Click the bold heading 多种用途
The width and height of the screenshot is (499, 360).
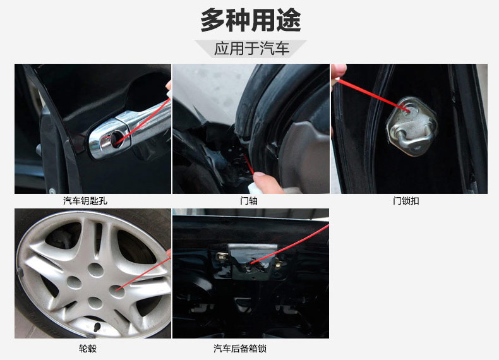(251, 20)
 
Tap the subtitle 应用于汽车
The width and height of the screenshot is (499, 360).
(251, 49)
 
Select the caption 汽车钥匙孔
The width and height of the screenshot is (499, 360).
(85, 201)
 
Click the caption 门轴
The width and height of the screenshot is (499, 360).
(248, 201)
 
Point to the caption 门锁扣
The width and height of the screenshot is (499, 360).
(406, 201)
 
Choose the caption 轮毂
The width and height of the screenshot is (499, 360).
(88, 349)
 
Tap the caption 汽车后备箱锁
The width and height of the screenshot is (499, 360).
(239, 349)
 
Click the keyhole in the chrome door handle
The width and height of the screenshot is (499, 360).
(116, 139)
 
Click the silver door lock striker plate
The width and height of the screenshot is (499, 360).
(412, 126)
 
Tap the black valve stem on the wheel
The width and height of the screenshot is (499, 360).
(97, 327)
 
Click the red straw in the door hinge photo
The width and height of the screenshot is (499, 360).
(248, 164)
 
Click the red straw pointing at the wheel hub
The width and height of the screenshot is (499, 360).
(143, 273)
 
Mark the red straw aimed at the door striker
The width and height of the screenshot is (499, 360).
(374, 95)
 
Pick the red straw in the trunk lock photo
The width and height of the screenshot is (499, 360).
(290, 244)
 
